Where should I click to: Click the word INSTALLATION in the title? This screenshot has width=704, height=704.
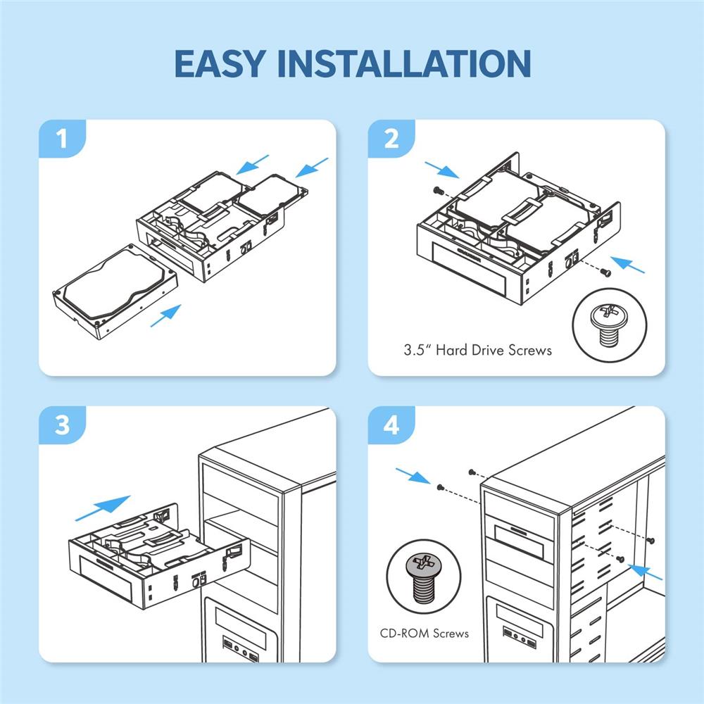[x=404, y=63]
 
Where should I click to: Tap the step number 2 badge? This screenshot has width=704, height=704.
[x=392, y=139]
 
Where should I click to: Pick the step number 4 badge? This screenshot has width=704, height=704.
[x=392, y=426]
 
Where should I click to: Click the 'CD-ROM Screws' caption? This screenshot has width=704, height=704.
[x=429, y=633]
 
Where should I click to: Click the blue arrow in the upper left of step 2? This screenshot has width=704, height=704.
[x=441, y=169]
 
